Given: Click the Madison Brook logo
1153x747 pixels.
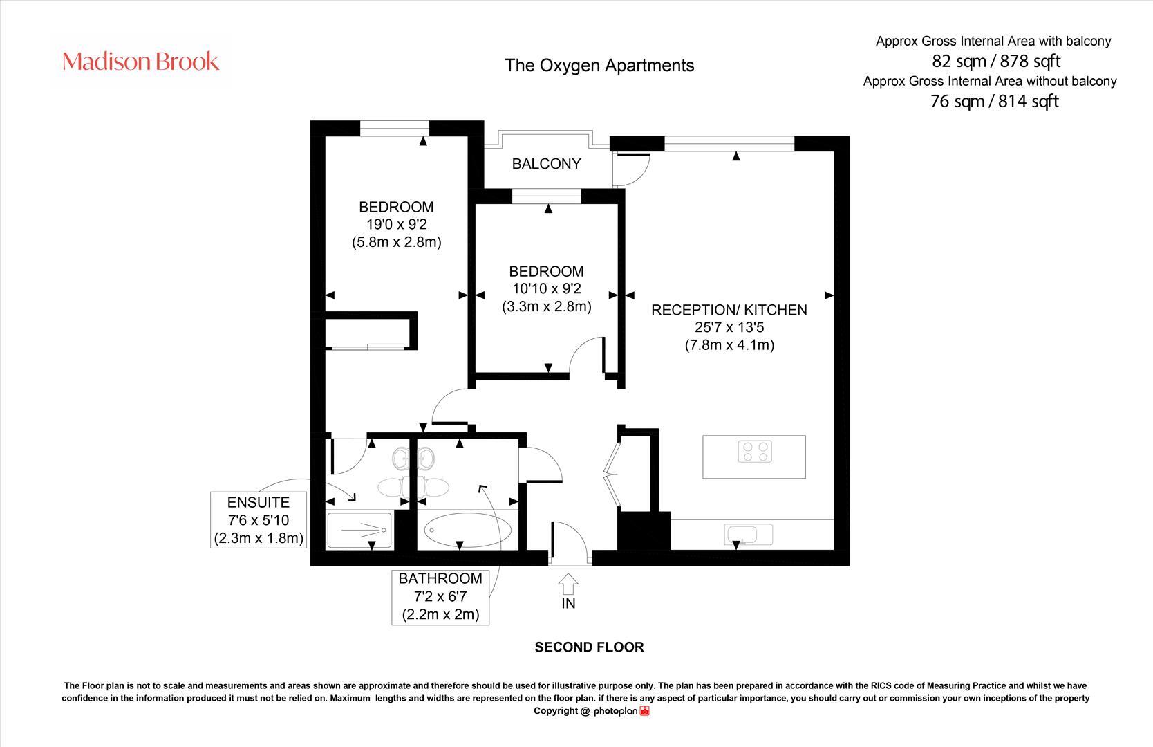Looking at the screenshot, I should [141, 62].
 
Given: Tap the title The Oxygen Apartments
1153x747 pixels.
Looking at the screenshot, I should [599, 66].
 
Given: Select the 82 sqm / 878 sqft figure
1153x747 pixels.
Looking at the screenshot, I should [995, 61].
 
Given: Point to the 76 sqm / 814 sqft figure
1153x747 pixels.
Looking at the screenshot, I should [994, 102].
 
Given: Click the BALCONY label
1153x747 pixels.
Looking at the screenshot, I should [546, 164].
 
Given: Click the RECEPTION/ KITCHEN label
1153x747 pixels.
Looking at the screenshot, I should [729, 310].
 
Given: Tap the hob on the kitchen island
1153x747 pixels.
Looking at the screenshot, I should [754, 452].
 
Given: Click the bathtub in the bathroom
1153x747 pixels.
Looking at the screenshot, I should [468, 531].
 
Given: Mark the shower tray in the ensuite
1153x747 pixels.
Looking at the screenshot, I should [359, 531].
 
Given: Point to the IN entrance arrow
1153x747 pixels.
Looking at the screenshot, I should [568, 591].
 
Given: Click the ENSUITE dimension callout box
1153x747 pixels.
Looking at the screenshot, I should [259, 520].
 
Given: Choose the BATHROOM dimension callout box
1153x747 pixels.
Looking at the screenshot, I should [440, 596].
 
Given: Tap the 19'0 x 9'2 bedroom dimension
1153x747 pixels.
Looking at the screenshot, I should [396, 224].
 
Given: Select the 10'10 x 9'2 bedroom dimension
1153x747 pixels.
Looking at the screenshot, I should [546, 288].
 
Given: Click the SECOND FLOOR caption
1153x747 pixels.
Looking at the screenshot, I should [589, 647].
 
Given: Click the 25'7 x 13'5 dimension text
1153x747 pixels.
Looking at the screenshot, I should [729, 327].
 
